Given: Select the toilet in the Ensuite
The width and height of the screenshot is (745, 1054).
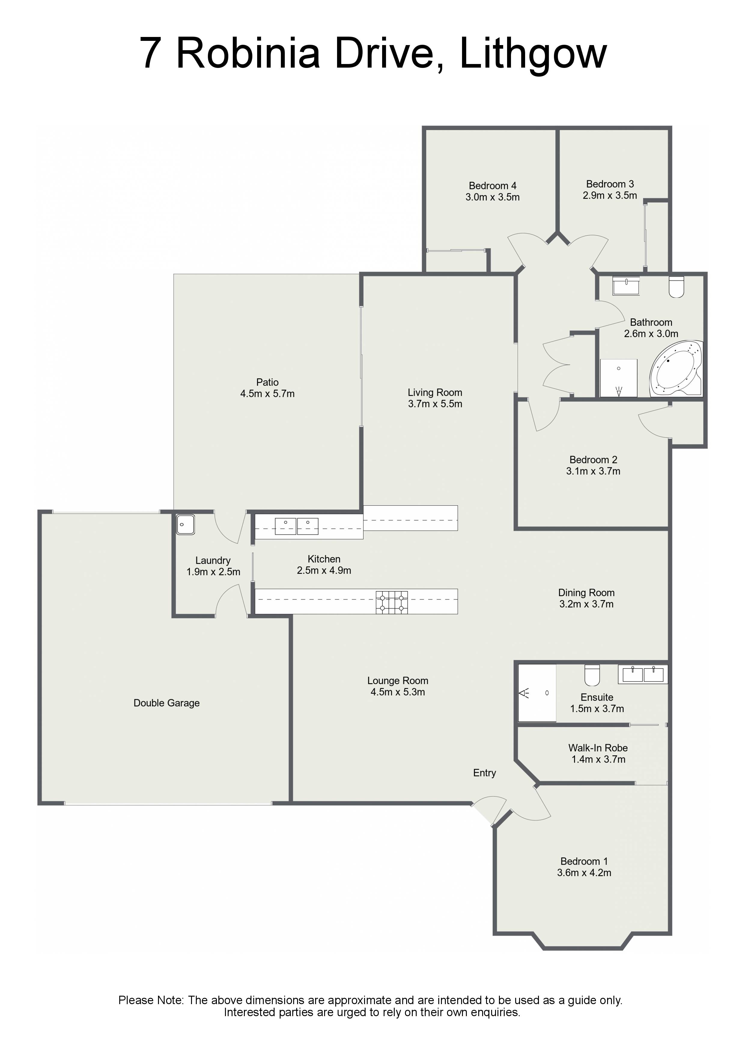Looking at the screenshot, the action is [592, 675].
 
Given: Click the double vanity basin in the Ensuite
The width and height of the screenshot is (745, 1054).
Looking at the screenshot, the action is [643, 674].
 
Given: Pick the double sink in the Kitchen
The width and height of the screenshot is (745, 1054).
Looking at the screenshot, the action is [296, 526].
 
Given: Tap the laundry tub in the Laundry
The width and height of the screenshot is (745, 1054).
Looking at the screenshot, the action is [185, 524].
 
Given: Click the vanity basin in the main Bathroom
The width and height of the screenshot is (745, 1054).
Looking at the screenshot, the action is [626, 285].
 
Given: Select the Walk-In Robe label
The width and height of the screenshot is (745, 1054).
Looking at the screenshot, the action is [598, 748].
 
